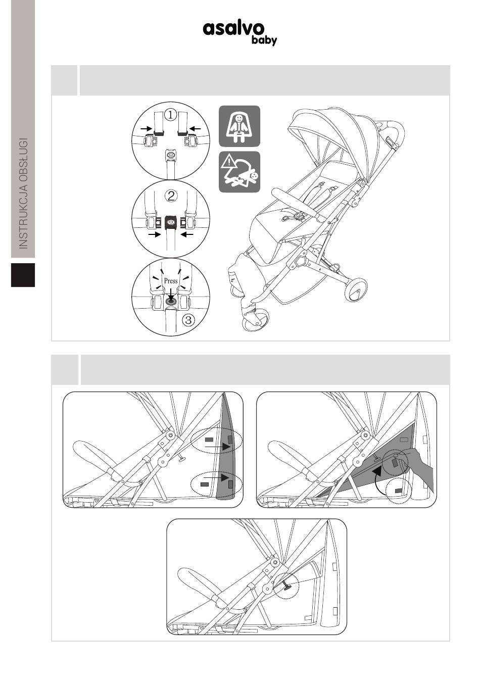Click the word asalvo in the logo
click(x=233, y=29)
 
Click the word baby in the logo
click(x=264, y=40)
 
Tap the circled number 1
click(x=171, y=115)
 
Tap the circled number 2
click(x=171, y=196)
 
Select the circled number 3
click(x=188, y=320)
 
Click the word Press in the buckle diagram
click(x=171, y=280)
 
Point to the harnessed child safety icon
click(x=239, y=126)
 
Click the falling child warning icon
click(x=239, y=172)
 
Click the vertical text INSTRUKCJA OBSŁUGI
click(x=23, y=193)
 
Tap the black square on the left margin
click(x=23, y=275)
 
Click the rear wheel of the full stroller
click(x=356, y=289)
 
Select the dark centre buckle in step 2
click(x=171, y=223)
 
